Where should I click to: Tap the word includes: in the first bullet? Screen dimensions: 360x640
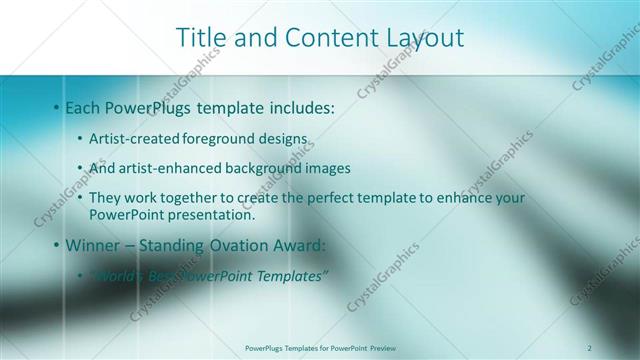pos(297,107)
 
